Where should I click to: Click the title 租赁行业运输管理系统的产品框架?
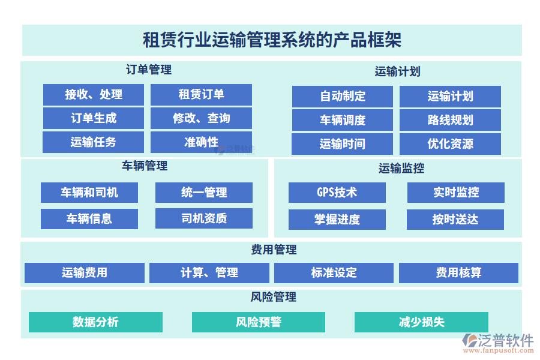(x=272, y=40)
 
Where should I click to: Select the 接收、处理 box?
(x=94, y=94)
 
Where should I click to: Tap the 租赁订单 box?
(x=201, y=94)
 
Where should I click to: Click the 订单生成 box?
(x=94, y=118)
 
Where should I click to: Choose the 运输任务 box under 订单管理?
(x=94, y=142)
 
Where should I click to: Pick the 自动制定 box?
(x=343, y=96)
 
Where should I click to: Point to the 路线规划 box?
(x=450, y=120)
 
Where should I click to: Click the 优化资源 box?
(x=450, y=144)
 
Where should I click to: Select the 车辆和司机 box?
(x=89, y=193)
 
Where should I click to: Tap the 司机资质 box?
(x=204, y=218)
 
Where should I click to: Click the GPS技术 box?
(x=337, y=193)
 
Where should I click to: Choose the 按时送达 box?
(x=455, y=220)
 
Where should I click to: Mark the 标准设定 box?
(x=334, y=273)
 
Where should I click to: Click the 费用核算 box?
(x=458, y=273)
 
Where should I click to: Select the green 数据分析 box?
(x=95, y=322)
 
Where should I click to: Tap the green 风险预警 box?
(x=259, y=322)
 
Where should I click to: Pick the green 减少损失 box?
(x=421, y=322)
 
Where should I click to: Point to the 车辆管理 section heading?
(x=145, y=166)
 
